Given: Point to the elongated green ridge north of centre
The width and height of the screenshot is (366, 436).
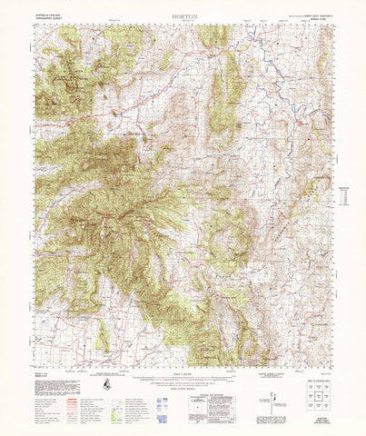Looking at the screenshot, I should click(219, 100).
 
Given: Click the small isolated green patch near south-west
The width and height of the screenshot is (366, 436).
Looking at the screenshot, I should click(104, 337).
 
